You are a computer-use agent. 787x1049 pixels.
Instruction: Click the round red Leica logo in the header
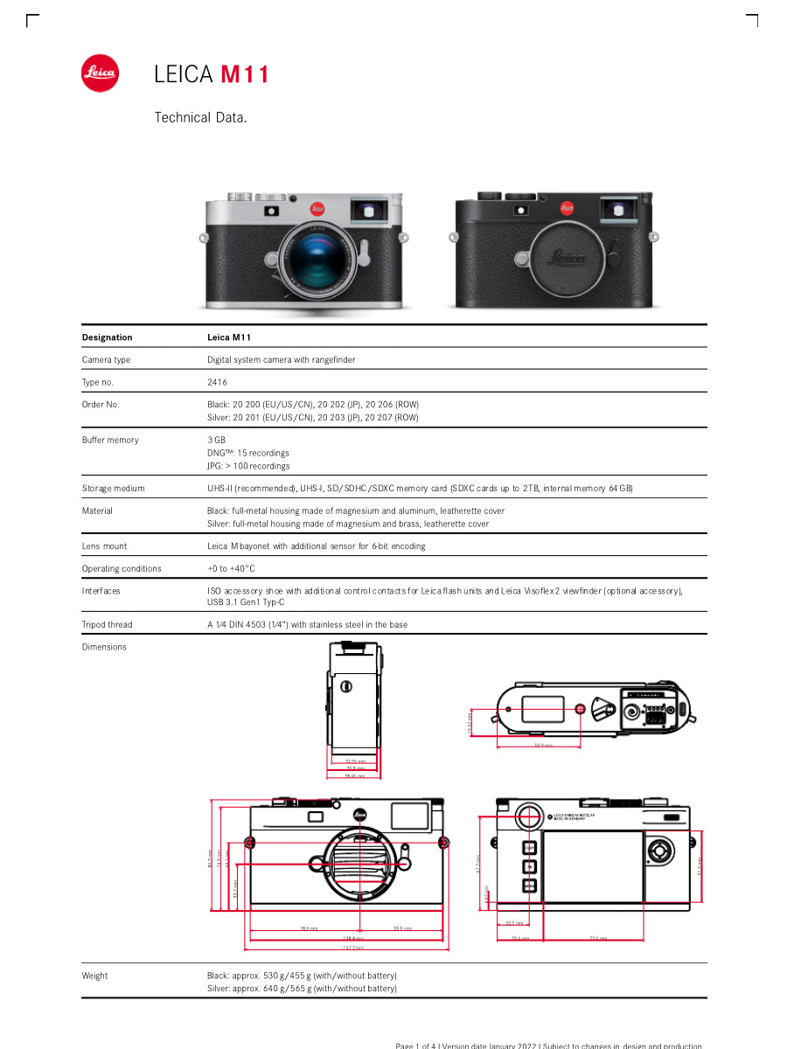[x=101, y=73]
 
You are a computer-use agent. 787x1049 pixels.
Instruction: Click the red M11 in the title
[x=244, y=74]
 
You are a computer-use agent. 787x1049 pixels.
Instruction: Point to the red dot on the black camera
[x=567, y=208]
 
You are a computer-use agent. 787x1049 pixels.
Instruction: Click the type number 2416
[x=217, y=382]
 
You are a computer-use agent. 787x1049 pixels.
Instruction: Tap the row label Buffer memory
[x=110, y=440]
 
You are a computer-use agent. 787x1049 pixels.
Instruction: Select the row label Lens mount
[x=104, y=545]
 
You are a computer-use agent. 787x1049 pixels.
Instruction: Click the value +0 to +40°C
[x=231, y=568]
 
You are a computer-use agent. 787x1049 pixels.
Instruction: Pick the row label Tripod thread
[x=107, y=624]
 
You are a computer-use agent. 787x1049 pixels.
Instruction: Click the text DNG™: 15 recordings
[x=248, y=453]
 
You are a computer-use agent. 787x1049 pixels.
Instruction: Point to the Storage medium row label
[x=113, y=488]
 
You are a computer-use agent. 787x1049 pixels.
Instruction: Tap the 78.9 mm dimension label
[x=309, y=928]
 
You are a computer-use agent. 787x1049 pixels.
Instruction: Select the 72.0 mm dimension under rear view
[x=598, y=938]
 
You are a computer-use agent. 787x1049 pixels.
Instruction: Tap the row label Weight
[x=94, y=976]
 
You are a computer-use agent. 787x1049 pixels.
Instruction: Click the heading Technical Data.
[x=201, y=117]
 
